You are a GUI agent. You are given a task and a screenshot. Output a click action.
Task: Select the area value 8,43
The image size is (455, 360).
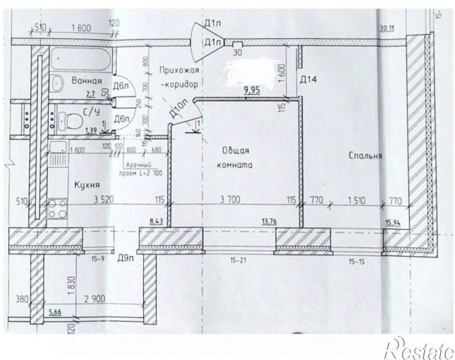point(156,220)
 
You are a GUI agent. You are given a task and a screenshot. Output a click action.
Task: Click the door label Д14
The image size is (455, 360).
point(308,80)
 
